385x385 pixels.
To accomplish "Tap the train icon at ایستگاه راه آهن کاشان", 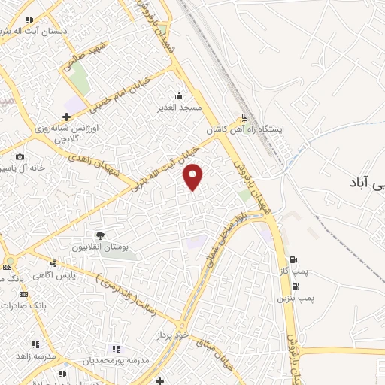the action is [244, 117].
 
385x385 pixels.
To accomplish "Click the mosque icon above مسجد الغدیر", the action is [179, 95].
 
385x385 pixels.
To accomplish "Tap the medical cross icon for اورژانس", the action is [67, 117].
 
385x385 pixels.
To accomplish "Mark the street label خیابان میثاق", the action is [214, 352].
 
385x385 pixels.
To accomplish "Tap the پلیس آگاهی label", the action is [57, 275].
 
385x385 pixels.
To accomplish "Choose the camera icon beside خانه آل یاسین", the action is [19, 156].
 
